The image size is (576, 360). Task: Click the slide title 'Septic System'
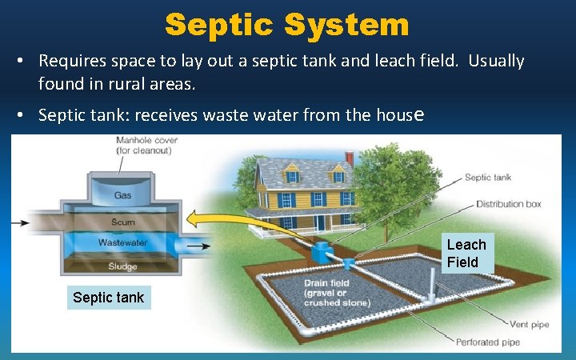pyautogui.click(x=287, y=24)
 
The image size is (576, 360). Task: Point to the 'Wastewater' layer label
pyautogui.click(x=122, y=242)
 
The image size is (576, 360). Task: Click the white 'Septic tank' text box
pyautogui.click(x=108, y=298)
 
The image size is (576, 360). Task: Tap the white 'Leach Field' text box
pyautogui.click(x=466, y=253)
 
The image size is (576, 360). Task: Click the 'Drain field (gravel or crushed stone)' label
pyautogui.click(x=336, y=294)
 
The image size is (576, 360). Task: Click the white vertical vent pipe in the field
pyautogui.click(x=432, y=285)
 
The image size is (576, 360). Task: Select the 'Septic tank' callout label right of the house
pyautogui.click(x=487, y=178)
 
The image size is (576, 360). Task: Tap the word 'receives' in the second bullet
pyautogui.click(x=167, y=115)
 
